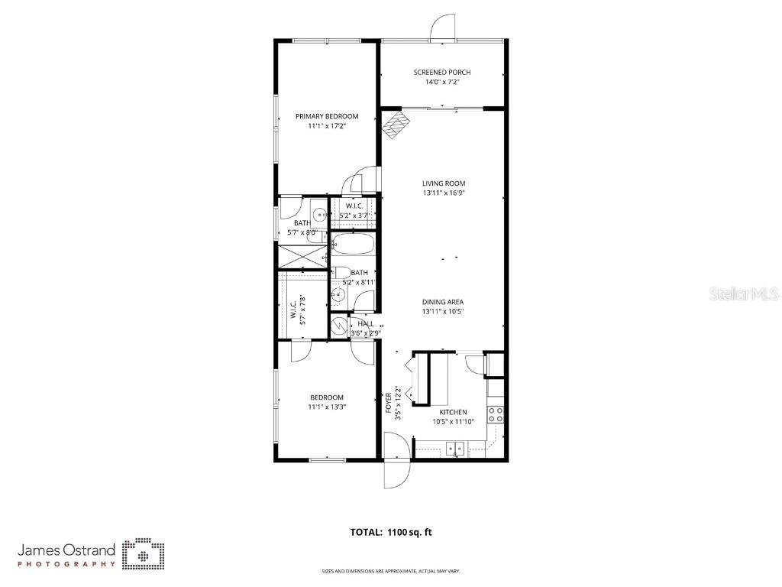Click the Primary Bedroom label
[327, 116]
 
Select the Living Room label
[444, 183]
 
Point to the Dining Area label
[443, 302]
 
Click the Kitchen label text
[453, 412]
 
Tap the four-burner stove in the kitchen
[496, 414]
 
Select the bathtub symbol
[353, 245]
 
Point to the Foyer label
[388, 402]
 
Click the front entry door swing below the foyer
[396, 468]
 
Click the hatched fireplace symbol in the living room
[394, 125]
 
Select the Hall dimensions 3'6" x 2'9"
[361, 333]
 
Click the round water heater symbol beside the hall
[338, 326]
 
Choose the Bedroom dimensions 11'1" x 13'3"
[326, 407]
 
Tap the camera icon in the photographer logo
[144, 554]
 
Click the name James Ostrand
[66, 550]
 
